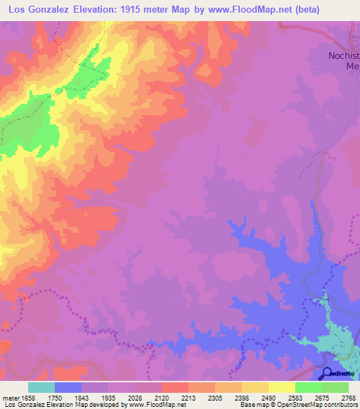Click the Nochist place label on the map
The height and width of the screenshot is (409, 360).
click(x=344, y=56)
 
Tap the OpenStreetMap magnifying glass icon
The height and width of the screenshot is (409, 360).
click(x=328, y=374)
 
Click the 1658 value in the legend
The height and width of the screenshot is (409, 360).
click(x=28, y=397)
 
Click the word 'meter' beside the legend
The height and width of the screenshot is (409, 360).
click(x=10, y=397)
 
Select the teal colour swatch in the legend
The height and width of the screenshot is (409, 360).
click(x=41, y=387)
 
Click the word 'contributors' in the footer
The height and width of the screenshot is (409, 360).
click(x=340, y=405)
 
